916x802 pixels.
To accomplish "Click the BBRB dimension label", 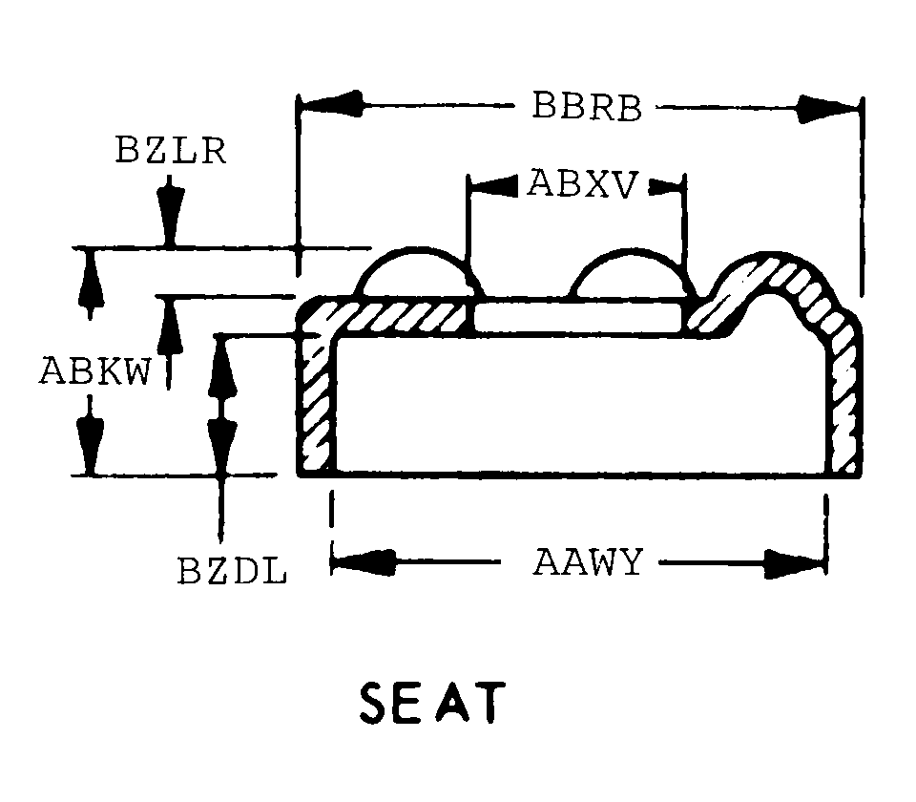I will tap(587, 106).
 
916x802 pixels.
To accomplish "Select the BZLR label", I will tap(172, 151).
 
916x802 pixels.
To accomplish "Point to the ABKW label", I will tap(95, 370).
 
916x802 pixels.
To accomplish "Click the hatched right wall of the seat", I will tap(845, 401).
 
